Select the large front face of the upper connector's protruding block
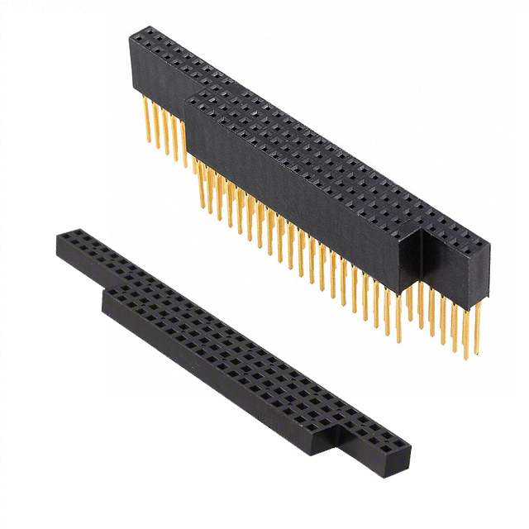coord(298,198)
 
